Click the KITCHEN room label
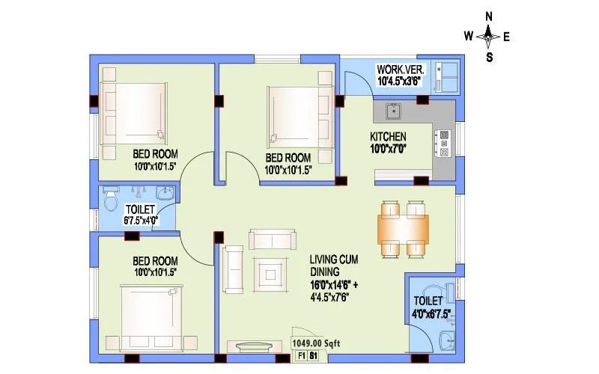(388, 137)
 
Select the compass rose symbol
(488, 35)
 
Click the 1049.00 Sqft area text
(310, 343)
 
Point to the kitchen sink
(392, 111)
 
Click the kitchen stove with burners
(444, 143)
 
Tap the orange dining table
(404, 226)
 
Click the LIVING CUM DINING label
(334, 266)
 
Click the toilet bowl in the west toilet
(112, 200)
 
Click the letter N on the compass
(488, 16)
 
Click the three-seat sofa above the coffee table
(272, 239)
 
